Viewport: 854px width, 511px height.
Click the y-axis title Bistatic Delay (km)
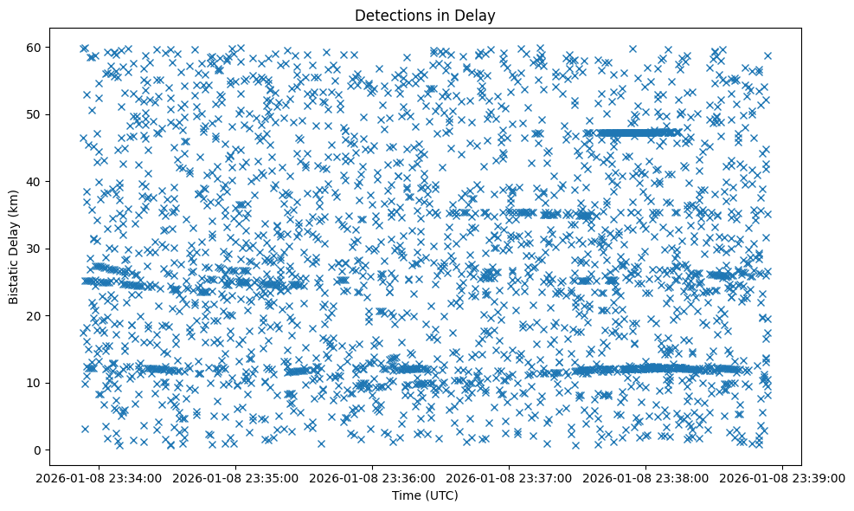click(14, 248)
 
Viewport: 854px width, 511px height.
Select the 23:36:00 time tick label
click(372, 477)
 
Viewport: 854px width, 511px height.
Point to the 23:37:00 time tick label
click(509, 477)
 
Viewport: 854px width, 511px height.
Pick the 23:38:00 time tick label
click(646, 477)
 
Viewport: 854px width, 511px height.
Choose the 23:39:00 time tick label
click(784, 477)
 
